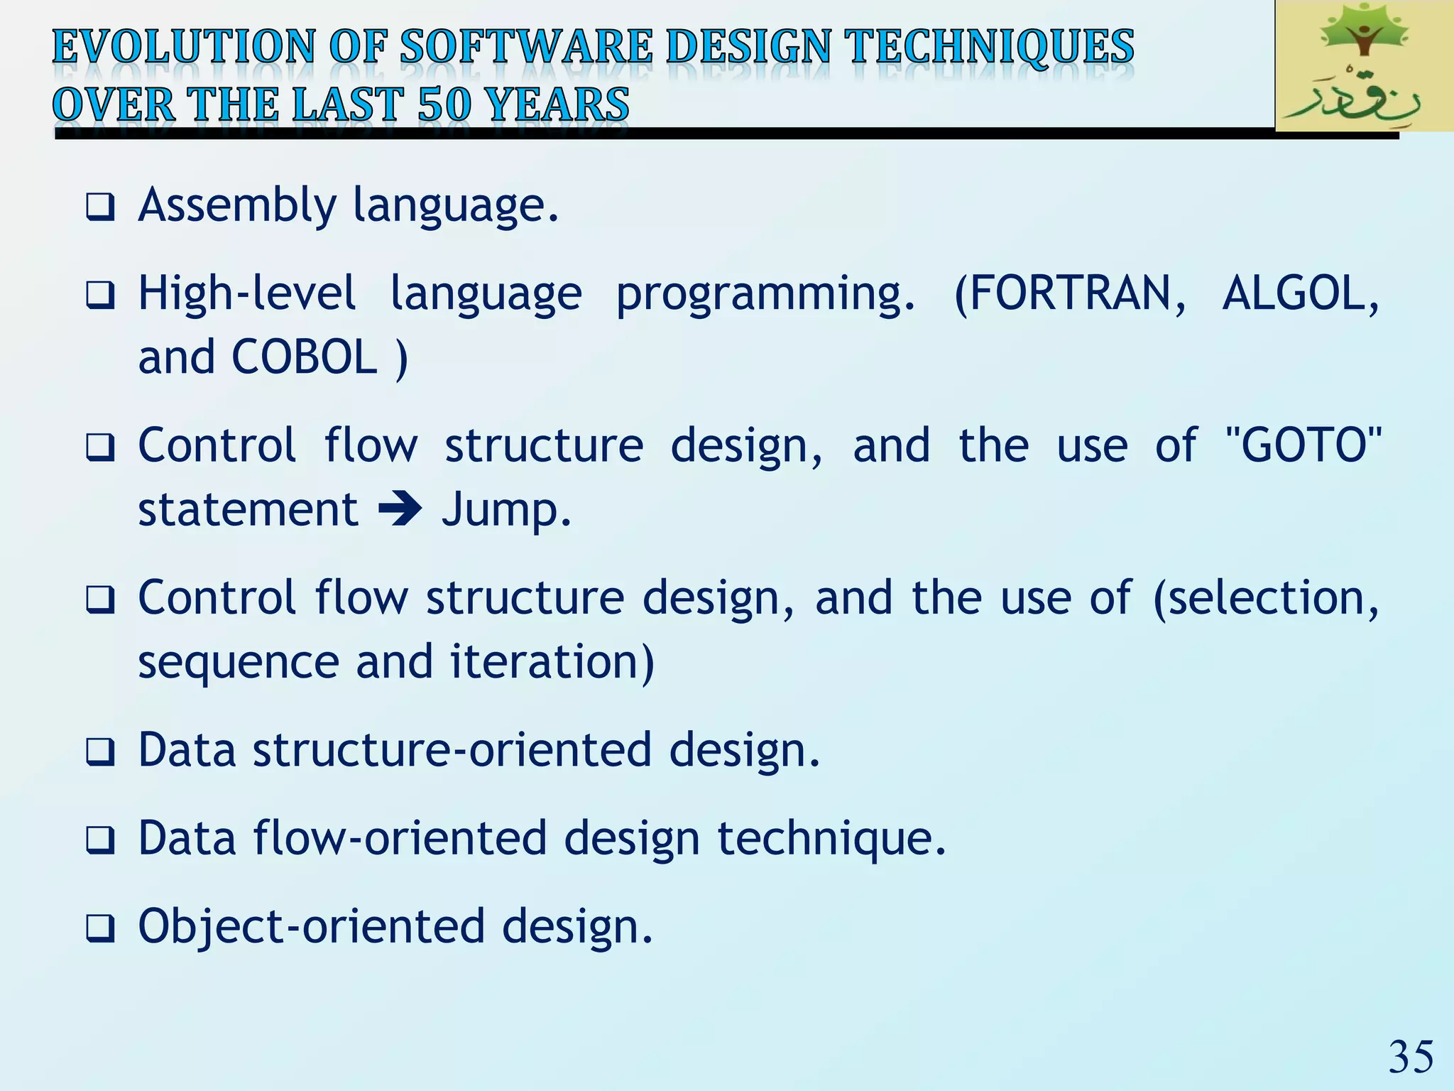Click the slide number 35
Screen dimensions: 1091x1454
point(1410,1057)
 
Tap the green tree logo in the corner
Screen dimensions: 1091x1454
point(1363,65)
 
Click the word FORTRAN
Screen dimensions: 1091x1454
point(1070,293)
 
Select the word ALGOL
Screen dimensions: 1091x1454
point(1299,293)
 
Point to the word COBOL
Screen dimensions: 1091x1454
point(305,357)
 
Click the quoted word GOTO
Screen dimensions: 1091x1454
point(1303,445)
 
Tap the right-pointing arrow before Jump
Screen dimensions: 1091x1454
point(400,510)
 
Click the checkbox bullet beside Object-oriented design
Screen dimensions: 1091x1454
point(100,928)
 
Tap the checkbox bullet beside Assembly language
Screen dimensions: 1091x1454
point(100,207)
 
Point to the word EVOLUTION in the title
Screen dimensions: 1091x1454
point(183,47)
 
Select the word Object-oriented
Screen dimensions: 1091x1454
point(311,927)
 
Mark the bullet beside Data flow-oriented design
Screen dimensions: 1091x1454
point(100,840)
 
